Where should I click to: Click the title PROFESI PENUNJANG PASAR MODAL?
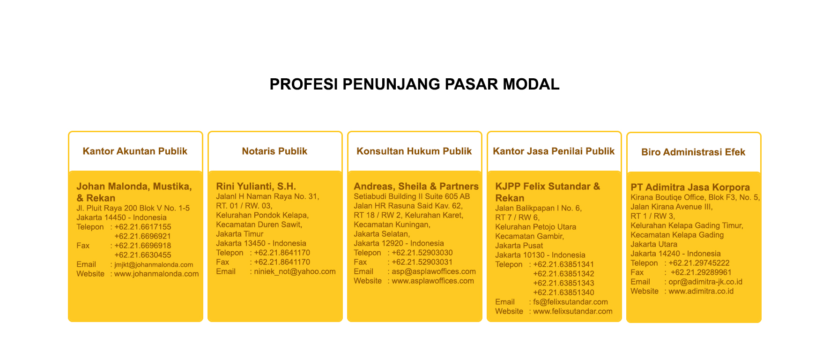tap(415, 84)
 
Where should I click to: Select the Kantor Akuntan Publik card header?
tap(135, 151)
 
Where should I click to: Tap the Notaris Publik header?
tap(274, 151)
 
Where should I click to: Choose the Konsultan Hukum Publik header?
tap(414, 151)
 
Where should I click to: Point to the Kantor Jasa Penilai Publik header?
tap(554, 151)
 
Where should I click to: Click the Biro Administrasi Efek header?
tap(693, 152)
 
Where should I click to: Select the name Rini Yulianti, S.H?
tap(256, 187)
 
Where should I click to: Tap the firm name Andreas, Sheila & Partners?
tap(416, 187)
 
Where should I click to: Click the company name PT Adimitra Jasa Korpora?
tap(690, 187)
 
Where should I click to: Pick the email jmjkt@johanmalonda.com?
tap(154, 265)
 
